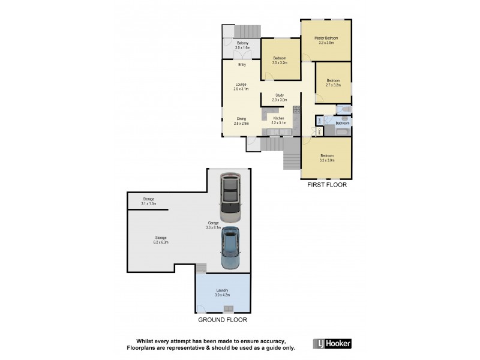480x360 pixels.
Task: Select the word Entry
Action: (x=242, y=65)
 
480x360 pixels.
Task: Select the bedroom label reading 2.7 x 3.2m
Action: (x=333, y=83)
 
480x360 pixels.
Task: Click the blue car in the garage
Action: (x=229, y=248)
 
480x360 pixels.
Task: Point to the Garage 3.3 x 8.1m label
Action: (x=213, y=225)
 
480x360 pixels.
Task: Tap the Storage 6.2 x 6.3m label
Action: (x=160, y=240)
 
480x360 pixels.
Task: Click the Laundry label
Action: (x=222, y=293)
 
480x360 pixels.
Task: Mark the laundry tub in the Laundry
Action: (x=228, y=309)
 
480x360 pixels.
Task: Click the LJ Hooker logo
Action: (x=332, y=344)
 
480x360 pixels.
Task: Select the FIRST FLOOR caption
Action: (x=326, y=185)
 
